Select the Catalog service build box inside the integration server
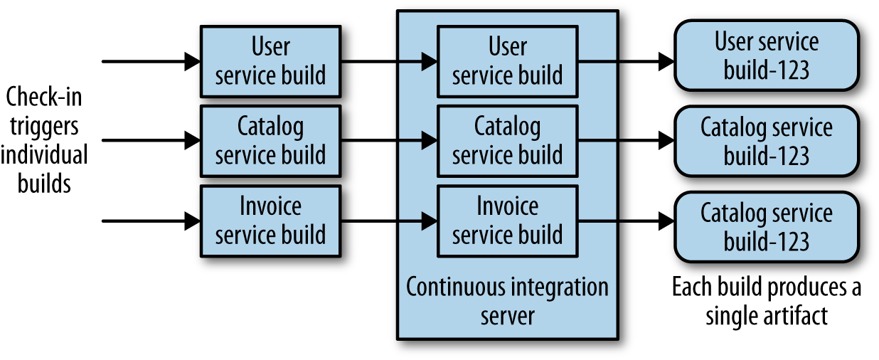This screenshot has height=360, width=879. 507,141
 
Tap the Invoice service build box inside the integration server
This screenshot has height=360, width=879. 507,221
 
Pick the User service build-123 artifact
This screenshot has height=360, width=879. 766,55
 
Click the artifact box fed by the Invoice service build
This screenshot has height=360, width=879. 766,227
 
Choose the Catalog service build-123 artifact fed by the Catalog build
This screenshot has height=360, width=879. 766,141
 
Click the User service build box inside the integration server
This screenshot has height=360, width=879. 507,61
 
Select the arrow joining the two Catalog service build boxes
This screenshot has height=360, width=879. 388,141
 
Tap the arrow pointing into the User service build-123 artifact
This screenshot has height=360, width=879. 626,61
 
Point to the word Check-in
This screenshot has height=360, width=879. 43,97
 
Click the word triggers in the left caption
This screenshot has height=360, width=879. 43,126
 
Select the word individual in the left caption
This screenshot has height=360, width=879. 43,154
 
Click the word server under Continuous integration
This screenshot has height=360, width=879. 507,316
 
